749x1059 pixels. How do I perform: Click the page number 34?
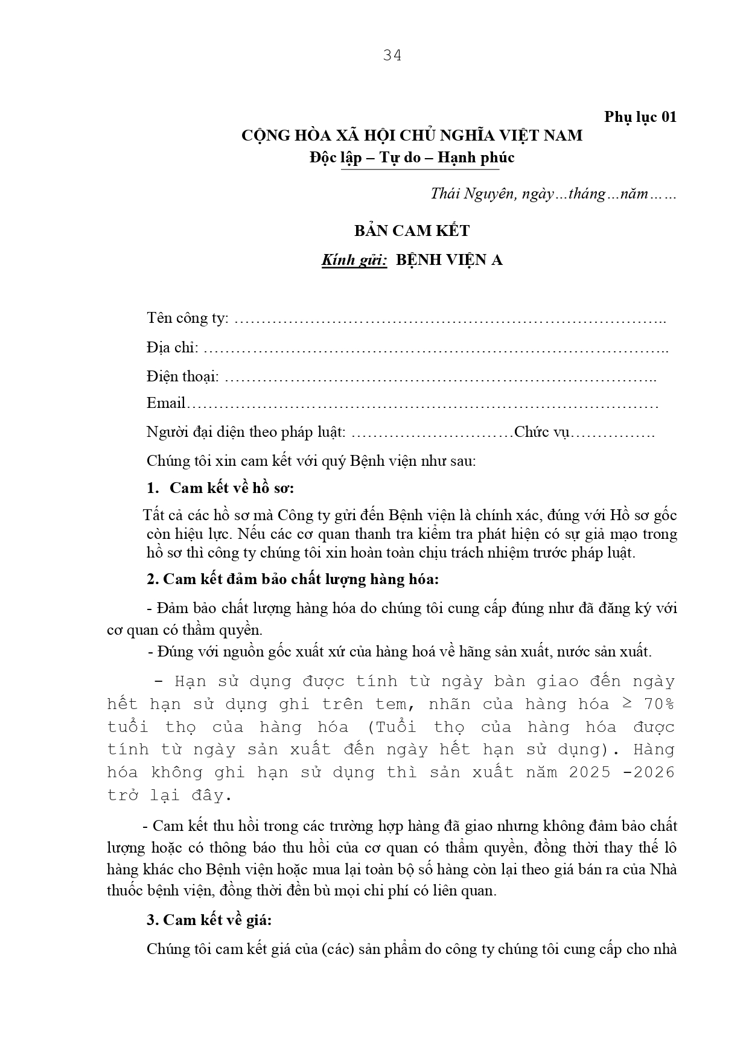(x=392, y=56)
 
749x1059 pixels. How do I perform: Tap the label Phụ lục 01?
(x=640, y=116)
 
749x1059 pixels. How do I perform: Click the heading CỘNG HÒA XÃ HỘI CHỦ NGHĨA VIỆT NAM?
(x=412, y=135)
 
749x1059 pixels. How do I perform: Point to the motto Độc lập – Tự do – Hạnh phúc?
(x=412, y=157)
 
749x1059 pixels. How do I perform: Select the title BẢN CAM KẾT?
(x=412, y=231)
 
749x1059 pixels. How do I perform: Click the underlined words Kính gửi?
(x=354, y=260)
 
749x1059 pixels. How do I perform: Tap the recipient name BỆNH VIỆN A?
(x=449, y=260)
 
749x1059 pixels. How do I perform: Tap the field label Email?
(x=166, y=403)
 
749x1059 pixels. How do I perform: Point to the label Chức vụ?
(x=541, y=432)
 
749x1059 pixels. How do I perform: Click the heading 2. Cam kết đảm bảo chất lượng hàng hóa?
(x=292, y=579)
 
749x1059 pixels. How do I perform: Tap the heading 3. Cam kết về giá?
(x=209, y=920)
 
